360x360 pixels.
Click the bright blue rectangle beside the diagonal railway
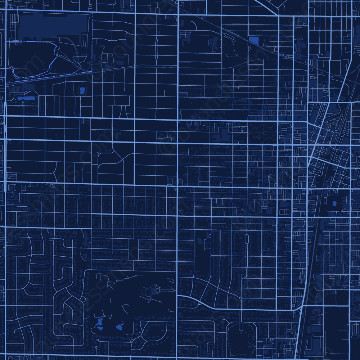(253, 41)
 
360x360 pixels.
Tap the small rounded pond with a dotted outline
(82, 90)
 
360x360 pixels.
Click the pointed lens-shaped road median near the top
(156, 49)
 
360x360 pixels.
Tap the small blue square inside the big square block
(334, 204)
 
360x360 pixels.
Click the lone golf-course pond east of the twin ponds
(119, 327)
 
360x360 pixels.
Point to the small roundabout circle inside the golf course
(157, 290)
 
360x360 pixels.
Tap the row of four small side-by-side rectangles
(284, 212)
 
